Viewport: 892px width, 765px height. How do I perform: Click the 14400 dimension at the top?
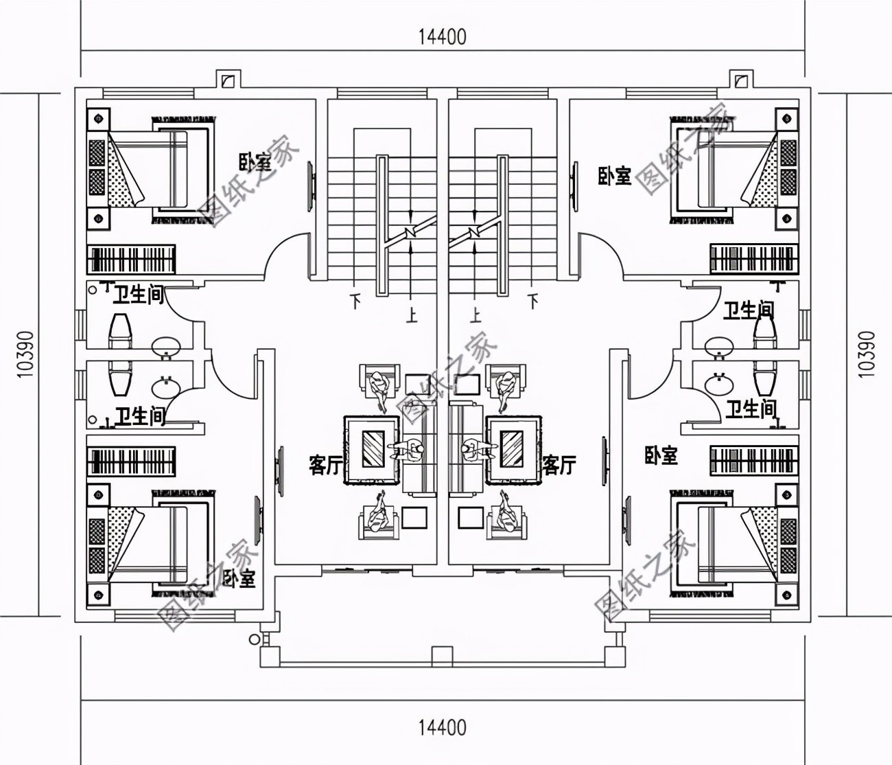(x=443, y=36)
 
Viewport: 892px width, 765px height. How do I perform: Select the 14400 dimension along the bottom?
(x=443, y=727)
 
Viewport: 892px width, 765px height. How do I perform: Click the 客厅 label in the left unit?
(x=326, y=466)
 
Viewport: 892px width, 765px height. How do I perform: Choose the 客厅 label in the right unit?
(x=559, y=466)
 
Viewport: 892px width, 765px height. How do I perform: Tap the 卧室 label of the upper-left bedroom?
(x=255, y=163)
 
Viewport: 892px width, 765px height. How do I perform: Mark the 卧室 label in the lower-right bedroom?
(x=661, y=455)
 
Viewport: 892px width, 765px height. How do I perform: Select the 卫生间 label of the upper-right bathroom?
(x=749, y=310)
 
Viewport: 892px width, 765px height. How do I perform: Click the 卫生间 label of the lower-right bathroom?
(x=751, y=410)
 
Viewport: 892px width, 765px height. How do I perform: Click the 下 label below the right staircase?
(x=533, y=300)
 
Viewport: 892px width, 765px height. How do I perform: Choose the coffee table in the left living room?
(x=373, y=448)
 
